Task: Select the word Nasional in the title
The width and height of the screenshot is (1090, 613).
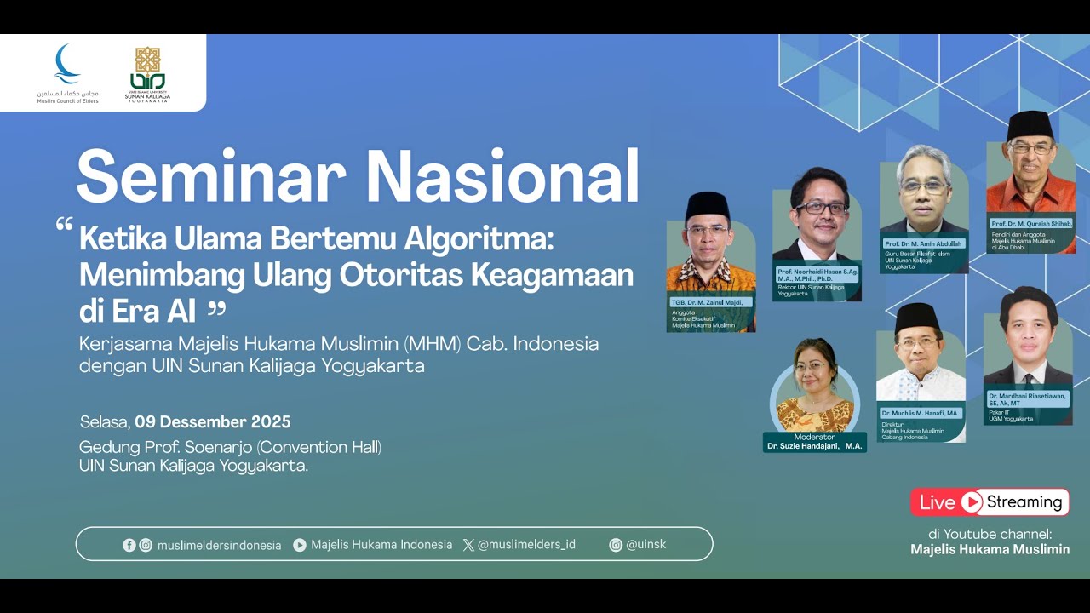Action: click(502, 176)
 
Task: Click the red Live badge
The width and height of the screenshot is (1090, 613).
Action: click(938, 502)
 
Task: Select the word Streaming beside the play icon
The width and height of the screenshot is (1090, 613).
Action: click(1024, 502)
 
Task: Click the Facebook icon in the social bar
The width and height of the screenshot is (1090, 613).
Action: click(129, 545)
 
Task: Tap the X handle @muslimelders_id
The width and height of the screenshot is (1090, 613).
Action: click(526, 544)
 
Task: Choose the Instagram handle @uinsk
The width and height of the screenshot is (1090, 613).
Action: click(645, 545)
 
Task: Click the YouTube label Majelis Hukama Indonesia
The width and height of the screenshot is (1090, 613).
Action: click(381, 545)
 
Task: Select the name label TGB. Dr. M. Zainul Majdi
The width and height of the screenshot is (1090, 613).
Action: click(708, 302)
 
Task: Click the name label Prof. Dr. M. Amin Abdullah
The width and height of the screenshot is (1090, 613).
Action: click(923, 243)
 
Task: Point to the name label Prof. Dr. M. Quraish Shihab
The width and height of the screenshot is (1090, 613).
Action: click(1031, 223)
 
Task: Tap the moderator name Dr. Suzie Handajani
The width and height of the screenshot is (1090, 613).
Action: click(814, 446)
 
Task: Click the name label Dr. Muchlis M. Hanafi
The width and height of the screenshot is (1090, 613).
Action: click(920, 413)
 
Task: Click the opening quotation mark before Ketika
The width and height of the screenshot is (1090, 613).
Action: click(64, 226)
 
